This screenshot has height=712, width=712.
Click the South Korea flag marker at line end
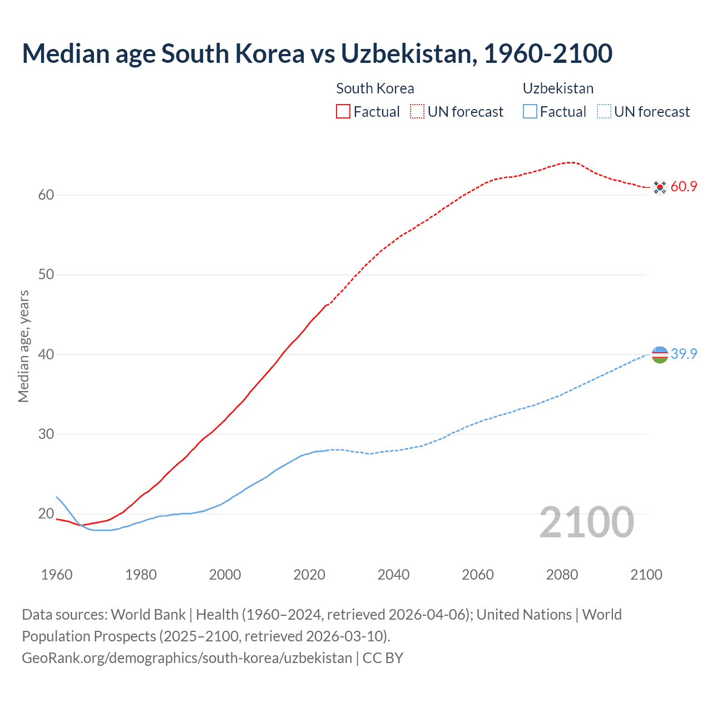[660, 187]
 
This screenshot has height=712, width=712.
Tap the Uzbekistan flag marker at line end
[660, 354]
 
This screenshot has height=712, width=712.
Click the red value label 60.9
[684, 187]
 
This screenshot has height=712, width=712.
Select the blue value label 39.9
[684, 354]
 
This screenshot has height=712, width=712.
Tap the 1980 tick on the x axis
[141, 575]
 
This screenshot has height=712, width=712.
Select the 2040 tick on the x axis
[393, 575]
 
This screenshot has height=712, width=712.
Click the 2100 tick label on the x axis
[646, 575]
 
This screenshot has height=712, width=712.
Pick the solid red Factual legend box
[343, 112]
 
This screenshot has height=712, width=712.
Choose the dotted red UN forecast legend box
[417, 112]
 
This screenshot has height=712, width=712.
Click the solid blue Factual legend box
[530, 112]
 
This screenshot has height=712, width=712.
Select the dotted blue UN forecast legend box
[604, 112]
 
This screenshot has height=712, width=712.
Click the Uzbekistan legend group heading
[558, 88]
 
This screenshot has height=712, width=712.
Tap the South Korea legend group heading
[375, 88]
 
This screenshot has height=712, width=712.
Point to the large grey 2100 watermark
[587, 522]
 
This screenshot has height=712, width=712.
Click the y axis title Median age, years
[23, 346]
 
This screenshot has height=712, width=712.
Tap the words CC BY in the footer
[383, 658]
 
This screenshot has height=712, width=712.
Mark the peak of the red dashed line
[570, 162]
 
